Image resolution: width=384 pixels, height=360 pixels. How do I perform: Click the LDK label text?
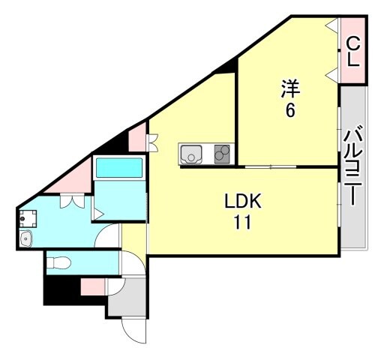tap(243, 202)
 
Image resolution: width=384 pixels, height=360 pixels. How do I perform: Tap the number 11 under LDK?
tap(242, 223)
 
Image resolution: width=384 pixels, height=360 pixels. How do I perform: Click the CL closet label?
tap(352, 52)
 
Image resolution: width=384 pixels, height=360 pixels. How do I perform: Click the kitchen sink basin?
tap(191, 154)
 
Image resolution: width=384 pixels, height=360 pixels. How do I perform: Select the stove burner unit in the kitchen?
tap(223, 154)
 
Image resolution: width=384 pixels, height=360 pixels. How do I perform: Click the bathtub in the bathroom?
tap(119, 167)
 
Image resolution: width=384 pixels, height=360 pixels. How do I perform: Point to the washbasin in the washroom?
tap(27, 239)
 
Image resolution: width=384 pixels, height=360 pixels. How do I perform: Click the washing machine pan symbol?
tap(28, 219)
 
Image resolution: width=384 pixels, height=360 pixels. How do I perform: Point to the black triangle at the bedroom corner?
tap(224, 68)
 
